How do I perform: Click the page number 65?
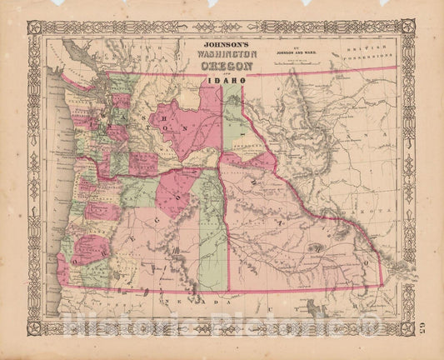point(426,320)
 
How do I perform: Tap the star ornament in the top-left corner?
point(34,27)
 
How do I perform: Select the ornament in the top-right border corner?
point(408,27)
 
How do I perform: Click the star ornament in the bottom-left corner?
point(34,327)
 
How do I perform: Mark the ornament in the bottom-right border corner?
point(408,327)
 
